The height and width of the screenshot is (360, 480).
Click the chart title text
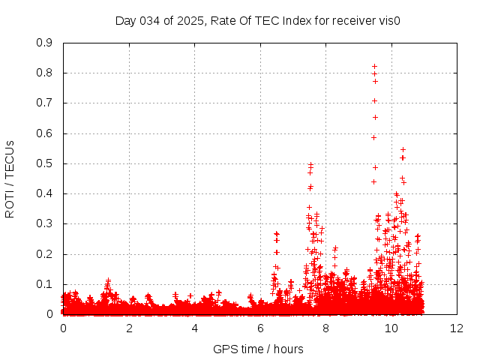pos(257,20)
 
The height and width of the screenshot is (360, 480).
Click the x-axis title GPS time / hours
pos(258,349)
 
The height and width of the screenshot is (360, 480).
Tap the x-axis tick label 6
pos(260,328)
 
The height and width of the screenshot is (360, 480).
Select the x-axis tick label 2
pos(129,328)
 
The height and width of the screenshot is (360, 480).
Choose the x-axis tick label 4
pos(195,328)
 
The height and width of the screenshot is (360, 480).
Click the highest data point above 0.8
pos(374,66)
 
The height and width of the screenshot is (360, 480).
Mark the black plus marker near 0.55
pos(403,149)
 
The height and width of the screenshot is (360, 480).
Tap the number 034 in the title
pos(151,20)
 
